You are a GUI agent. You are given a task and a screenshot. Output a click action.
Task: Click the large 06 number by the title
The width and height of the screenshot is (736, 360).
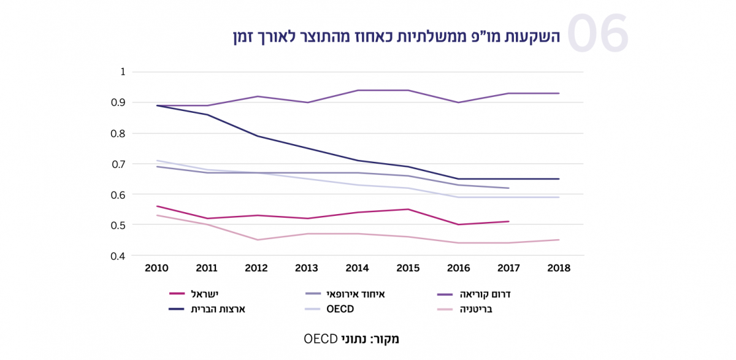coord(597,34)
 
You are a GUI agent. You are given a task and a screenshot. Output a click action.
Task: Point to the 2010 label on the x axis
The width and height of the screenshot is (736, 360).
coord(157,268)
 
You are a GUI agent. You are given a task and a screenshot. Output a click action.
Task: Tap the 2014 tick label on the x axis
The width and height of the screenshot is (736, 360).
coord(358,268)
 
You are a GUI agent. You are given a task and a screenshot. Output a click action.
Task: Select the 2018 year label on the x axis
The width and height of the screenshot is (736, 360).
coord(558,268)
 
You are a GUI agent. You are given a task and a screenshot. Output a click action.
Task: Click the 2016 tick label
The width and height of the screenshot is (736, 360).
coord(458,268)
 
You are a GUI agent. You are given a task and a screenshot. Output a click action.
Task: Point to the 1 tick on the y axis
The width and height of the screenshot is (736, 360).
coord(123,72)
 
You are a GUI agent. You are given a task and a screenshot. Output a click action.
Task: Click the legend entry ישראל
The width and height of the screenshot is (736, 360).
coord(205,294)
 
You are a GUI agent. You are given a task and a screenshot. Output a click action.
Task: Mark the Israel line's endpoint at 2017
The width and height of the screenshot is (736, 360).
coord(508,221)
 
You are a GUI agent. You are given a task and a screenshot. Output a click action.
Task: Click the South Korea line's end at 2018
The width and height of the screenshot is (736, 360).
coord(559,93)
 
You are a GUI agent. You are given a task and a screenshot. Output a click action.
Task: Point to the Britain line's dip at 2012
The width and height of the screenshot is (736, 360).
coord(258,240)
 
